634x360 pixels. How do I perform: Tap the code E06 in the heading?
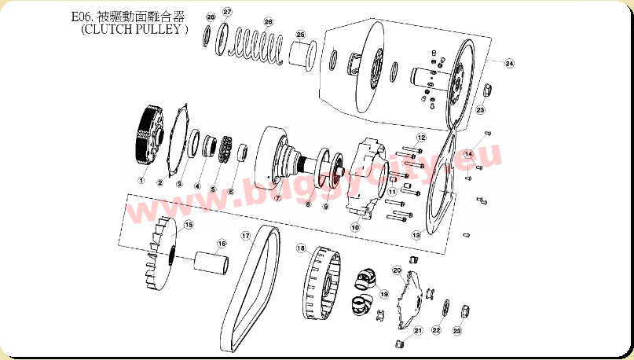tap(82, 17)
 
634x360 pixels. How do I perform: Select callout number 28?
tap(211, 17)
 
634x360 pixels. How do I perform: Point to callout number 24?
tap(509, 64)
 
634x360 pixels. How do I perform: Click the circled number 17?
tap(246, 236)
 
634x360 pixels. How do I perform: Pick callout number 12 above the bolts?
tap(421, 138)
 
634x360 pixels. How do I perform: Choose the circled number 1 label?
tap(141, 181)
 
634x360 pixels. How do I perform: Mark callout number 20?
tap(397, 270)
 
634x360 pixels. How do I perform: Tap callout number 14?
tap(468, 154)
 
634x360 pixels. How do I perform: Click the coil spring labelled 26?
tap(257, 46)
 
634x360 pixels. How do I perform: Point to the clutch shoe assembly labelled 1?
tap(148, 135)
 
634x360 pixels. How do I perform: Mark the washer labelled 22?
tap(445, 308)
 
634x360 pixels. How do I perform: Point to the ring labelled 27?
tap(220, 39)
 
